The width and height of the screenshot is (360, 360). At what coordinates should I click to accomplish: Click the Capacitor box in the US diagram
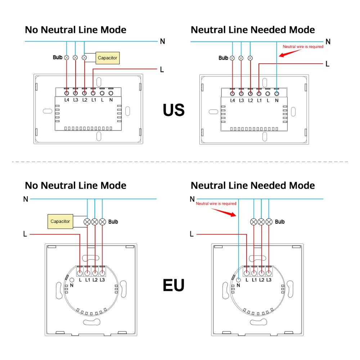pyautogui.click(x=107, y=58)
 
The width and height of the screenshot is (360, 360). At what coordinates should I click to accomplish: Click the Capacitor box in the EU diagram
pyautogui.click(x=60, y=221)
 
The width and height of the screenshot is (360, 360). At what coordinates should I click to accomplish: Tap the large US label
pyautogui.click(x=174, y=110)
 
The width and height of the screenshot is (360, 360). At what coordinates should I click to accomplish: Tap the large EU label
pyautogui.click(x=174, y=285)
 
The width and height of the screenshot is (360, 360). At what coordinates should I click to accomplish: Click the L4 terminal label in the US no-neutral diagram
pyautogui.click(x=67, y=100)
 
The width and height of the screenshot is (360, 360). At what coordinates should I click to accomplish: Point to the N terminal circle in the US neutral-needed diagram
pyautogui.click(x=276, y=93)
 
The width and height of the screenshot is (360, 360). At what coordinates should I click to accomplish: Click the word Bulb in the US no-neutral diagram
pyautogui.click(x=58, y=57)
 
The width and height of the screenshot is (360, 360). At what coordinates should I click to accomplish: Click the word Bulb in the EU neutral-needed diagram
pyautogui.click(x=280, y=222)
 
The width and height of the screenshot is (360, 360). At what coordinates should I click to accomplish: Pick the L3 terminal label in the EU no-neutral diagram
pyautogui.click(x=102, y=280)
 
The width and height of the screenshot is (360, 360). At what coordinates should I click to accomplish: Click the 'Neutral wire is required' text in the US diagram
pyautogui.click(x=303, y=46)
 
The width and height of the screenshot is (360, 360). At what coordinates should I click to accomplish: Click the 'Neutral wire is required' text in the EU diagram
pyautogui.click(x=216, y=204)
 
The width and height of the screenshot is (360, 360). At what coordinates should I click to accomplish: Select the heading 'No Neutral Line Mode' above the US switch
pyautogui.click(x=76, y=30)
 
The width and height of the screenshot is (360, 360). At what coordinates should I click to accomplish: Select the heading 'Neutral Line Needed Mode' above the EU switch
pyautogui.click(x=253, y=185)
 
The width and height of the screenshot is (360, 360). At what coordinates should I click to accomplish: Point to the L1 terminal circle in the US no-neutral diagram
pyautogui.click(x=93, y=93)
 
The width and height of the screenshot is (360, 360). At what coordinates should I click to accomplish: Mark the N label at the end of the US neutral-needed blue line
pyautogui.click(x=328, y=42)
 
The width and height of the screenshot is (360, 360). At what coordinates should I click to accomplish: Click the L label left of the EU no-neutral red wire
pyautogui.click(x=25, y=234)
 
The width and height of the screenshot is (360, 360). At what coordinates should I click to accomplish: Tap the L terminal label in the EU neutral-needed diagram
pyautogui.click(x=247, y=280)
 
